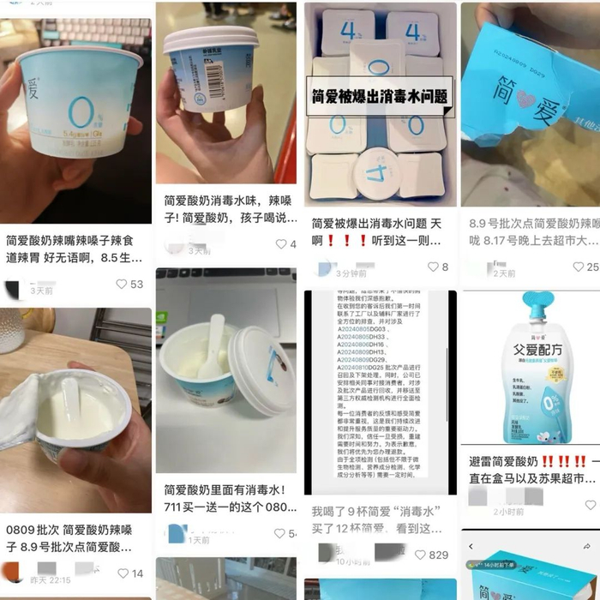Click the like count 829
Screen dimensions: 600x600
coord(438,555)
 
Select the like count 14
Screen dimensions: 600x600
coord(136,573)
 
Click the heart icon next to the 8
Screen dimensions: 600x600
coord(433,267)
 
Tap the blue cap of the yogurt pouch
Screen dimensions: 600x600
coord(519,301)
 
